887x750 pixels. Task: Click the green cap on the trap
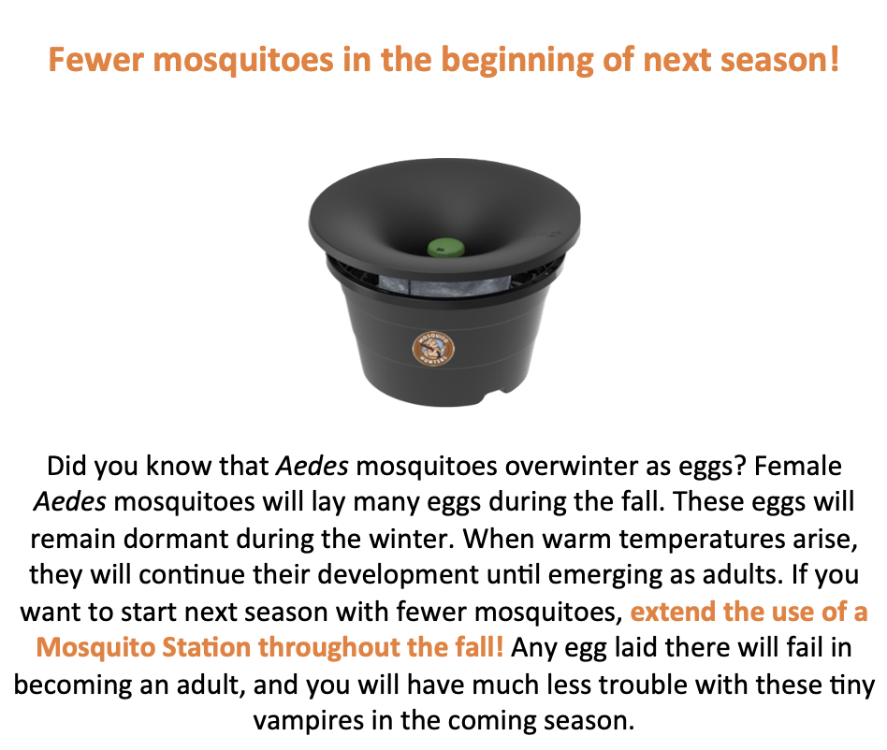[x=445, y=248]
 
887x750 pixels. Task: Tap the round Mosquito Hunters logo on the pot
[x=433, y=348]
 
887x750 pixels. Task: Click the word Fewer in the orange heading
[x=95, y=59]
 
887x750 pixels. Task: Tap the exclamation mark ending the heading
[x=834, y=59]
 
